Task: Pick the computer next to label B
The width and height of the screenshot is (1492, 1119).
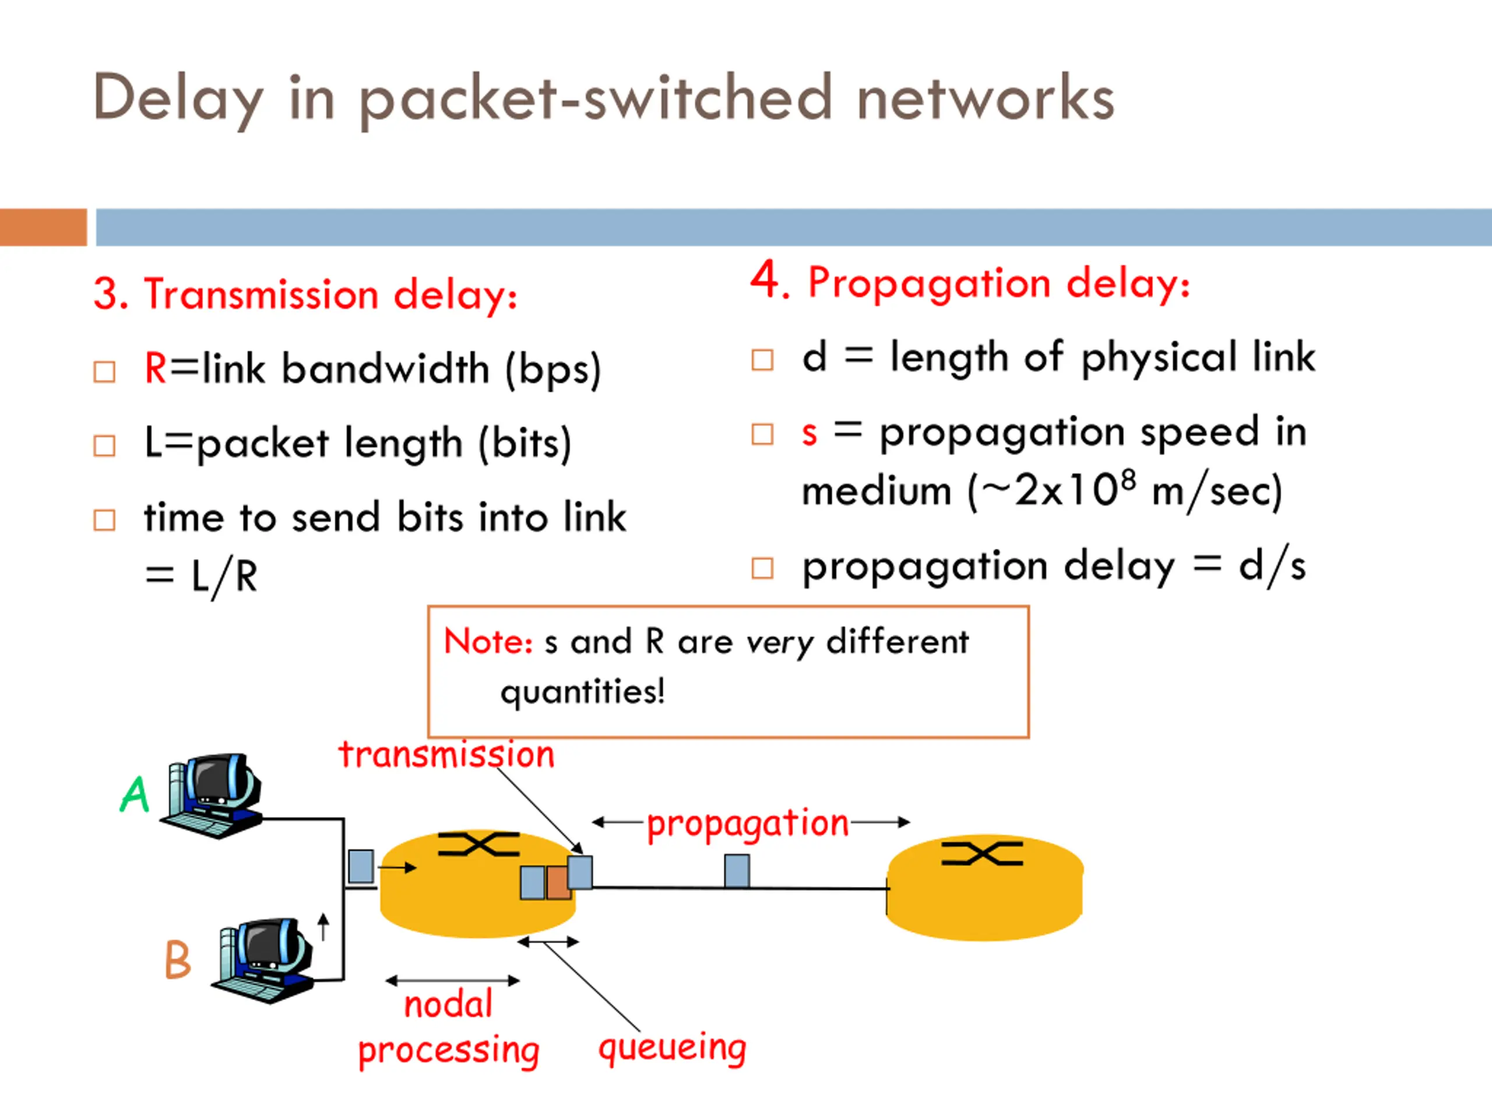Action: pyautogui.click(x=265, y=960)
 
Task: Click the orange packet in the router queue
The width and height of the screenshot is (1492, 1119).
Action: pyautogui.click(x=558, y=883)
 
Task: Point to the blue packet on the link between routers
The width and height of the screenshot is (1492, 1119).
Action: pyautogui.click(x=737, y=871)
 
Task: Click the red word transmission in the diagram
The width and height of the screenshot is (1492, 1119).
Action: pyautogui.click(x=446, y=755)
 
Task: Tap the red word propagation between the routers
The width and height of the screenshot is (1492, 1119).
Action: pyautogui.click(x=747, y=824)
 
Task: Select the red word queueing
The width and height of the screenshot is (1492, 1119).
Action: pyautogui.click(x=673, y=1047)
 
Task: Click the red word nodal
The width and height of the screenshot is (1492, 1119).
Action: pyautogui.click(x=449, y=1004)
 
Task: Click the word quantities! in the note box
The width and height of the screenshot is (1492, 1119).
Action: pyautogui.click(x=583, y=692)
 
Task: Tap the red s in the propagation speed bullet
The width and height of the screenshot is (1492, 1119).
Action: pyautogui.click(x=810, y=434)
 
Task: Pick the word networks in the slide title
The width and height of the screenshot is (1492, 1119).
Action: pyautogui.click(x=985, y=98)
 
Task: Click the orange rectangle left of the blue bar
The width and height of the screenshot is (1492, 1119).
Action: pyautogui.click(x=43, y=227)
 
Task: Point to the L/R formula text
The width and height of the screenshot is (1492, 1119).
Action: pyautogui.click(x=224, y=578)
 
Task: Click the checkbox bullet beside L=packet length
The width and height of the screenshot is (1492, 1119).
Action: pyautogui.click(x=104, y=446)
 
